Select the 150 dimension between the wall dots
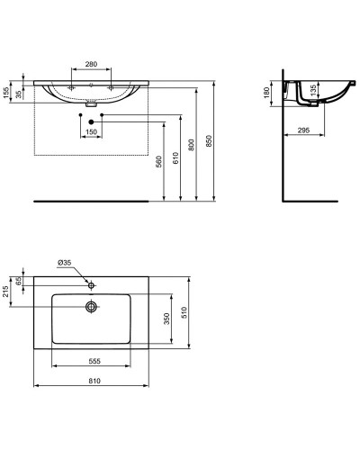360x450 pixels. coord(91,132)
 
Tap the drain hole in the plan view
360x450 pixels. coord(91,307)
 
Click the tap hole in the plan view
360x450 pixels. coord(91,284)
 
